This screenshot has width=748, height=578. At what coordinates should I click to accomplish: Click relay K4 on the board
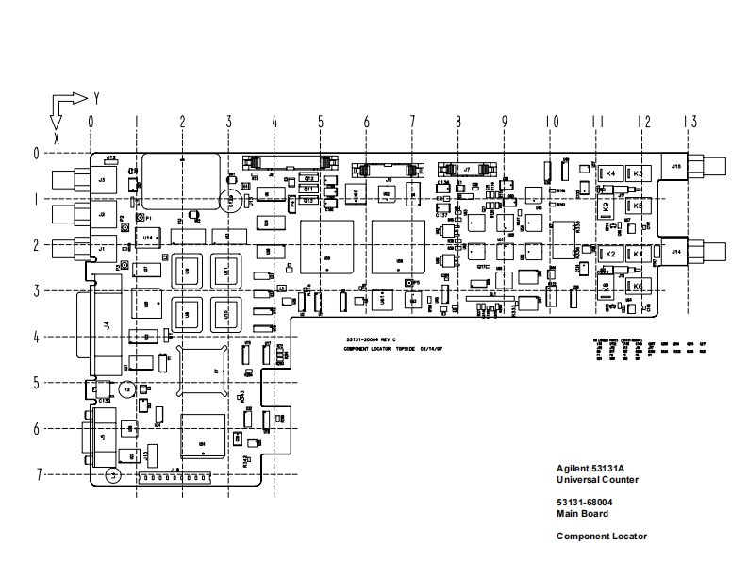609,174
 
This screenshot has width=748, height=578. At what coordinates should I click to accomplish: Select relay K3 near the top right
638,174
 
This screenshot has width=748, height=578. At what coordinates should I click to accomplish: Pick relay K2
610,255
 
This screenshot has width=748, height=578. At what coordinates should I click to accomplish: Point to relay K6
638,286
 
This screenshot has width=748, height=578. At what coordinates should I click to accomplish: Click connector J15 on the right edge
676,166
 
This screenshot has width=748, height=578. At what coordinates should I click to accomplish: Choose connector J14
676,252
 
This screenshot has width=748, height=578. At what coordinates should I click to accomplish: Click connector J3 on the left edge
101,176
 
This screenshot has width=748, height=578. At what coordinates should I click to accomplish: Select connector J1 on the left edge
101,249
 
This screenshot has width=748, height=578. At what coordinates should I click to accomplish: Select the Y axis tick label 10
552,121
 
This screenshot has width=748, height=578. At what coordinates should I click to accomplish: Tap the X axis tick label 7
40,474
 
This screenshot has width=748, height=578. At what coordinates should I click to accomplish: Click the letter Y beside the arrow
96,98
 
